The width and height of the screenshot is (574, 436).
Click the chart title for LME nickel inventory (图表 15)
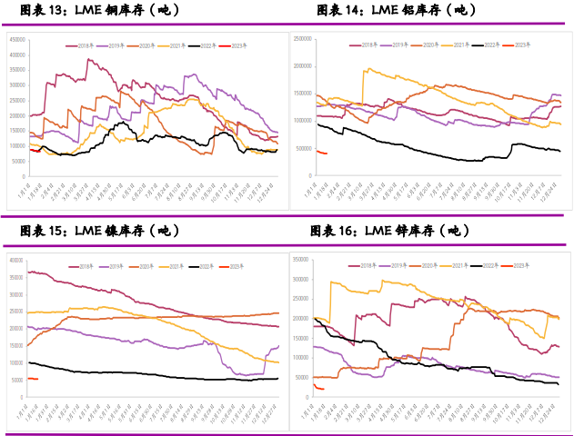pos(96,232)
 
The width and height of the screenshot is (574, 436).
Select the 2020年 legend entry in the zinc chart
pos(422,265)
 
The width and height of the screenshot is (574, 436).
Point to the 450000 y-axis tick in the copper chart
pos(17,39)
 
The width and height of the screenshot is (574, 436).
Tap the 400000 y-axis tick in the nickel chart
pos(15,260)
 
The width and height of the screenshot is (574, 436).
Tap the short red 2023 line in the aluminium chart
pos(321,152)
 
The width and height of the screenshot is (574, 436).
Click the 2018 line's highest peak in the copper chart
pos(88,60)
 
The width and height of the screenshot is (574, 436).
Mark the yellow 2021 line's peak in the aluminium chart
pos(366,69)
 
